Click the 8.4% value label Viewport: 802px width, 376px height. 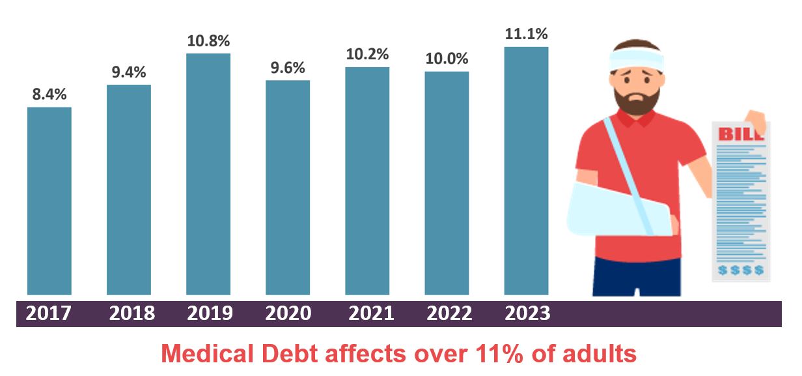click(x=49, y=94)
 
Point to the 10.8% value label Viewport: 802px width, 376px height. click(x=208, y=41)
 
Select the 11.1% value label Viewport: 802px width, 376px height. click(x=526, y=34)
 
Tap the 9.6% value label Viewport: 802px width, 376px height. click(x=288, y=68)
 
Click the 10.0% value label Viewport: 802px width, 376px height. click(x=447, y=59)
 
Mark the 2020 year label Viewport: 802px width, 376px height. click(x=288, y=313)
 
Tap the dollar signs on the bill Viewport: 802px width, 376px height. click(x=741, y=269)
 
